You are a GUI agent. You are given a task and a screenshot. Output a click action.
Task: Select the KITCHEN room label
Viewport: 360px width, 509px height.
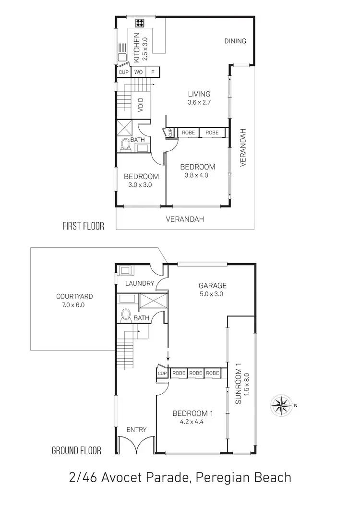[136, 48]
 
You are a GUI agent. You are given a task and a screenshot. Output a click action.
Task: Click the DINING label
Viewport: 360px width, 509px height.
[235, 41]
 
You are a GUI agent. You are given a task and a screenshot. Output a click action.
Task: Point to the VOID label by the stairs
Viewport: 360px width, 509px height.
[141, 105]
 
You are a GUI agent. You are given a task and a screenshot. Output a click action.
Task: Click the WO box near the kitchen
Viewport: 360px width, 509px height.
[138, 72]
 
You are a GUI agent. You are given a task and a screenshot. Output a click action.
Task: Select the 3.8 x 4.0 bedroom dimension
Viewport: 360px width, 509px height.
[197, 175]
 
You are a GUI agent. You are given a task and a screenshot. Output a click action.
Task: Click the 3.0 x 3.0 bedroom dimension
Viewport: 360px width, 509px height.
[140, 184]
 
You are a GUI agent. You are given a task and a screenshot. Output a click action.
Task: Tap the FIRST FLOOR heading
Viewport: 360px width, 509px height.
[83, 226]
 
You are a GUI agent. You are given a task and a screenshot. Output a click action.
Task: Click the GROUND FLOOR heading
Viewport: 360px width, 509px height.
[76, 450]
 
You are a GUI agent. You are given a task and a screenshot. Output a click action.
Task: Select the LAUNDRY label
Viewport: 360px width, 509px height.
[139, 283]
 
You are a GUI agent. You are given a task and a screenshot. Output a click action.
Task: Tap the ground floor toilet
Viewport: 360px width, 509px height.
[126, 315]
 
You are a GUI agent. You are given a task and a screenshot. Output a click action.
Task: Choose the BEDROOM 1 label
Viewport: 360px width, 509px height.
[192, 413]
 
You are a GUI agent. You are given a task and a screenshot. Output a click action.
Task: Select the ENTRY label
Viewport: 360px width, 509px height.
[136, 429]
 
